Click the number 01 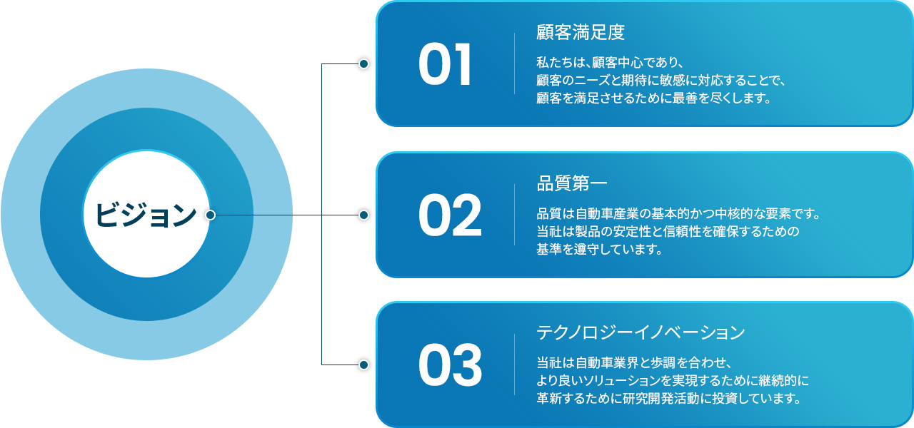point(445,66)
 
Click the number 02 point(450,217)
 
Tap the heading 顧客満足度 point(581,33)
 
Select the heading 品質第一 point(572,184)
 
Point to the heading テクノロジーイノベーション point(641,333)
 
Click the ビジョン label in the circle point(146,215)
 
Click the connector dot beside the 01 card point(363,64)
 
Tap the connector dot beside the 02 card point(363,215)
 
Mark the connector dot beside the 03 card point(363,365)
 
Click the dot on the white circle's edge point(210,215)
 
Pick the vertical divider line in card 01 point(514,63)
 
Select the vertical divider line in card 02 point(514,215)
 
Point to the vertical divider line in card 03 point(514,365)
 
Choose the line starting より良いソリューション point(673,379)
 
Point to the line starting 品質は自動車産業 point(678,213)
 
